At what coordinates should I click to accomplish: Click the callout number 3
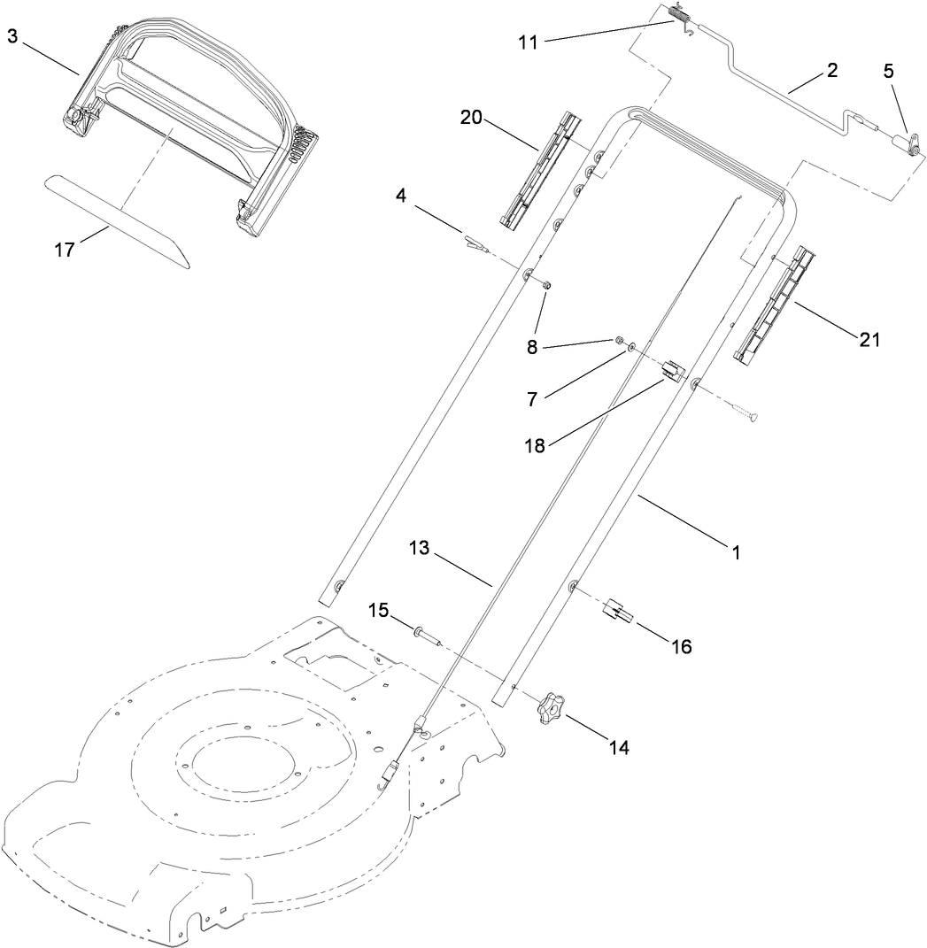(12, 36)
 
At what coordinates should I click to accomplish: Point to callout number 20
(472, 118)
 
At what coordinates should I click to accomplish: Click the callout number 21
(870, 337)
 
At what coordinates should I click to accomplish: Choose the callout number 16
(680, 647)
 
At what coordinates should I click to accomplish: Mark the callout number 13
(419, 549)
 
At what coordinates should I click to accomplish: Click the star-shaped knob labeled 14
(545, 708)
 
